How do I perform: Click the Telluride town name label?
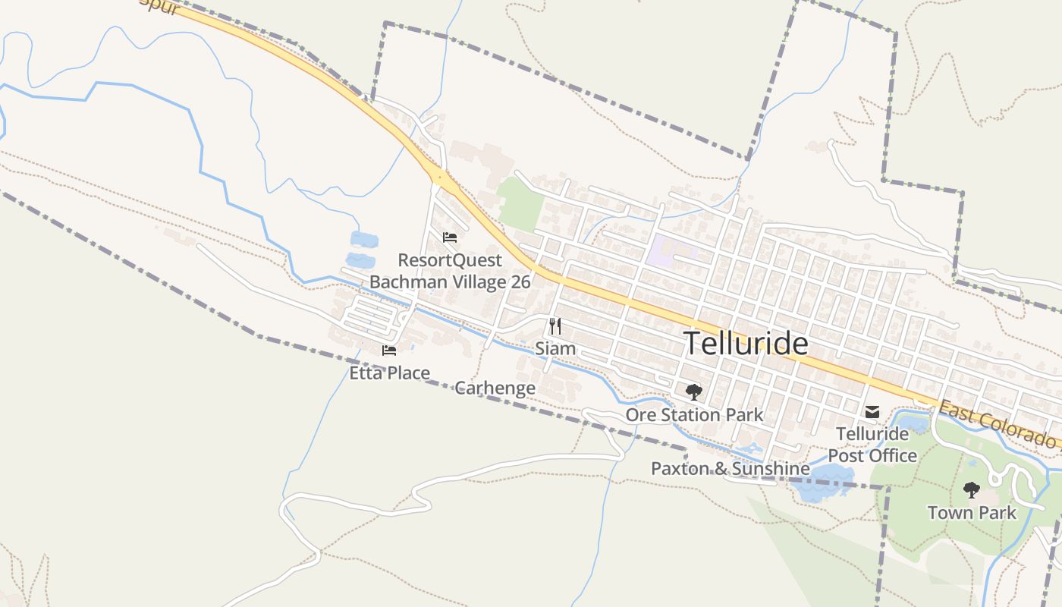pos(746,344)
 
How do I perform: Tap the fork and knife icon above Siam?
pos(555,326)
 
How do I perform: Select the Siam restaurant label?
pos(555,348)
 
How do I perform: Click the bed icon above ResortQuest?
pos(450,237)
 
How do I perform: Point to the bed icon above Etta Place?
pos(389,351)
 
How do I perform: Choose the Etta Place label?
pos(389,373)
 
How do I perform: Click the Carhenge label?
pos(495,388)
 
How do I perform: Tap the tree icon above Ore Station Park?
pos(693,392)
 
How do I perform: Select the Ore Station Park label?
pos(694,415)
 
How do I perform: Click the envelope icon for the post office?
pos(872,412)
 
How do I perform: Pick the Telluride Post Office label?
pos(872,445)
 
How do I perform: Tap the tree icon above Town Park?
pos(971,490)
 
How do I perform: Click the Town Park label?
pos(972,513)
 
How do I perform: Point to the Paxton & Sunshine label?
pos(730,469)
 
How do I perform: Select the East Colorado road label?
pos(998,425)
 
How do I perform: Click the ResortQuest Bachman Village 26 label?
pos(450,272)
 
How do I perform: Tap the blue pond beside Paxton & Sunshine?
pos(823,483)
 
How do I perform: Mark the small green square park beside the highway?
pos(522,204)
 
